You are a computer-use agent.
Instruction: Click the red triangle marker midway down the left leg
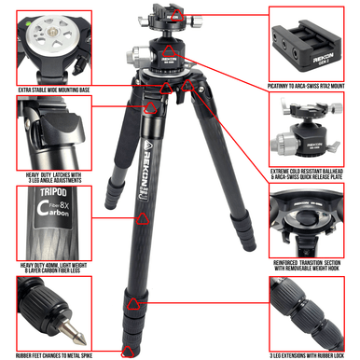pos(143,220)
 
